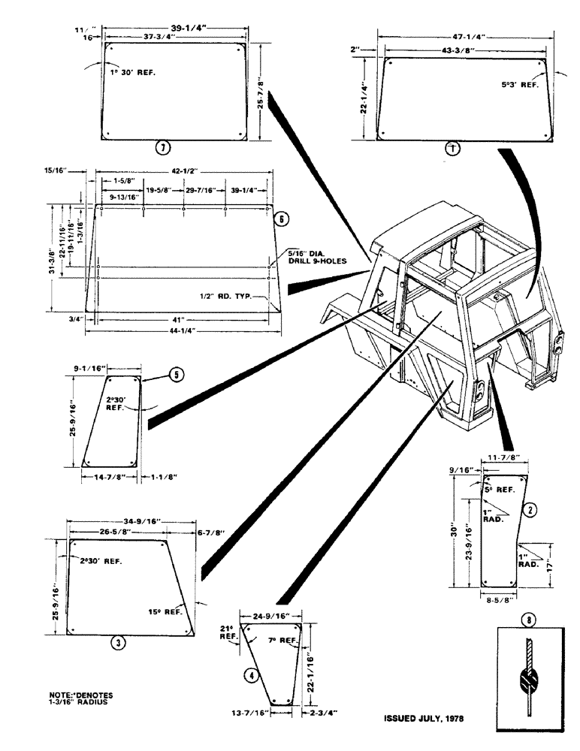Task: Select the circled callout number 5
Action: pos(174,372)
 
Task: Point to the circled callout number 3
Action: pos(119,642)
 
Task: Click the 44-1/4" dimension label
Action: pos(181,331)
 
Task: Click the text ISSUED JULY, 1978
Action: pos(424,718)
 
